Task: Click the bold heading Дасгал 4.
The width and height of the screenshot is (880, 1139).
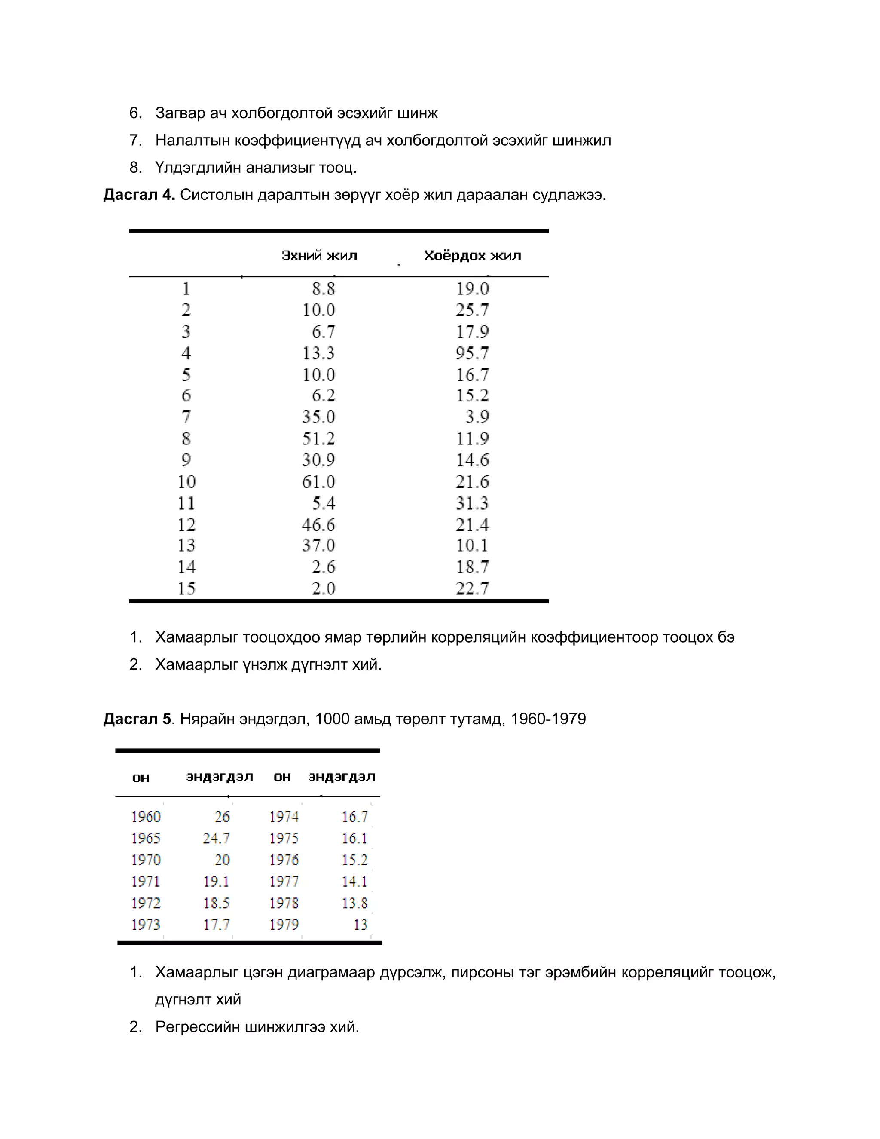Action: tap(139, 195)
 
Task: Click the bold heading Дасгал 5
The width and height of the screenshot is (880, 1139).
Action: tap(137, 719)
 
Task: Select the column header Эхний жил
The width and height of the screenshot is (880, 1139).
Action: tap(319, 256)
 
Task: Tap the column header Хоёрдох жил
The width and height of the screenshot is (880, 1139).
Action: tap(472, 256)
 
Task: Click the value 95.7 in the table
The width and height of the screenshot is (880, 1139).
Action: tap(472, 353)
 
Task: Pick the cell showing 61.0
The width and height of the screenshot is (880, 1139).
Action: tap(318, 481)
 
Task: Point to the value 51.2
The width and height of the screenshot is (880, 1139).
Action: tap(318, 438)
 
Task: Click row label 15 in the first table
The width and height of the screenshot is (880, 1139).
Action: tap(186, 588)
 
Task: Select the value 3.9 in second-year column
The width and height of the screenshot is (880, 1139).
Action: tap(477, 416)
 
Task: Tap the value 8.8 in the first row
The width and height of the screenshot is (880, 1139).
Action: tap(323, 288)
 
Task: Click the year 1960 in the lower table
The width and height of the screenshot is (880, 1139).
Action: tap(146, 817)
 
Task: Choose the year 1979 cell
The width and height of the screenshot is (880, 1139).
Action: tap(284, 925)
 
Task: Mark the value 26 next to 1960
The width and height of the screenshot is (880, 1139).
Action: tap(222, 817)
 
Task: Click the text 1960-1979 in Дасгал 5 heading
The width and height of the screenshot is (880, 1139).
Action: tap(548, 719)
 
